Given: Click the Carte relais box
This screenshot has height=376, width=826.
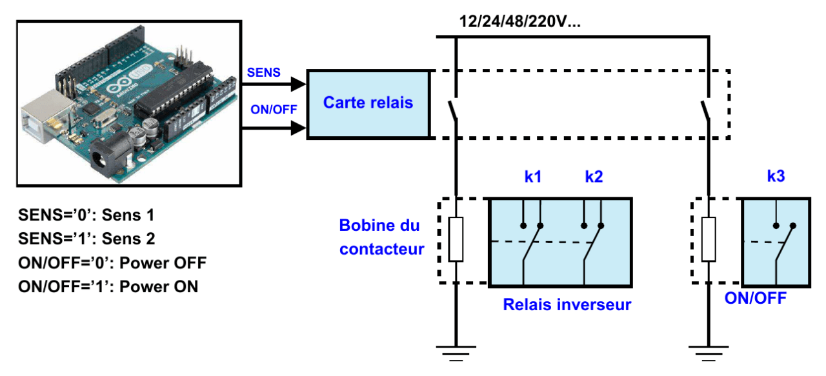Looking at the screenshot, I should click(x=368, y=103).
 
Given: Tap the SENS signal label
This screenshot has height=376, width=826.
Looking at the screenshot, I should click(x=264, y=73).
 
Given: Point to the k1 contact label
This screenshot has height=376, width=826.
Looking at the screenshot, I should click(x=532, y=177).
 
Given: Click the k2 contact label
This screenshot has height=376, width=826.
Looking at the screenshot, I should click(x=594, y=177).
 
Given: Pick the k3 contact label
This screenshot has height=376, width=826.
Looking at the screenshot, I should click(x=776, y=177).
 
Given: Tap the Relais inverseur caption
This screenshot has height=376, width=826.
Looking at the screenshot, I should click(x=567, y=304).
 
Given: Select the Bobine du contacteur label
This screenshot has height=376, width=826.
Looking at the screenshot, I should click(x=381, y=237).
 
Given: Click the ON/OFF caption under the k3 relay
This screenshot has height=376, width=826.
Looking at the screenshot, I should click(x=755, y=298).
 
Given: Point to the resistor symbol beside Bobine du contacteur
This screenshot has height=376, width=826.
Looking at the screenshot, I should click(x=456, y=239).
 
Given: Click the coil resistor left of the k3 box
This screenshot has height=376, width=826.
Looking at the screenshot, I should click(x=709, y=239).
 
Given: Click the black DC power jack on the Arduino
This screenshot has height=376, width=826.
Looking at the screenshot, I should click(x=103, y=158).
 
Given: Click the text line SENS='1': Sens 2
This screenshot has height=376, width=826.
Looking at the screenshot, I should click(x=86, y=239).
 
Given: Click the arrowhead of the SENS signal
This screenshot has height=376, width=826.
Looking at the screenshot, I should click(x=298, y=83).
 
